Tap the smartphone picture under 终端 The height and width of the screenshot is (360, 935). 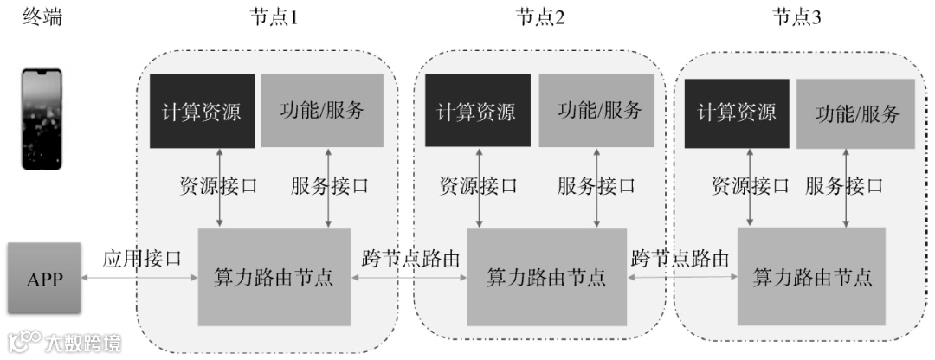[44, 119]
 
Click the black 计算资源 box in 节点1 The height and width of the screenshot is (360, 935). [202, 111]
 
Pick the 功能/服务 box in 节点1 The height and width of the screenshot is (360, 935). [322, 111]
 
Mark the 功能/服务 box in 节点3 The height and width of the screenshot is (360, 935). [855, 113]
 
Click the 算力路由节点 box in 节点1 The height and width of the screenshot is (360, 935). [274, 278]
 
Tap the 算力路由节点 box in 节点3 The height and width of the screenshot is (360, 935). [811, 278]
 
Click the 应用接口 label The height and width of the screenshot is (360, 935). [142, 258]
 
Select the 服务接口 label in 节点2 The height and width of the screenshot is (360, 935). [596, 186]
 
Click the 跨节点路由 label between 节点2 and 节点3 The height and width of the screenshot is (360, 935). [680, 258]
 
